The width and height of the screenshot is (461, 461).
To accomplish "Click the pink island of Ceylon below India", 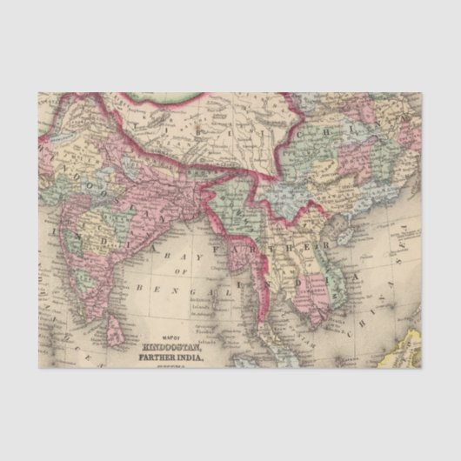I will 110,325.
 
